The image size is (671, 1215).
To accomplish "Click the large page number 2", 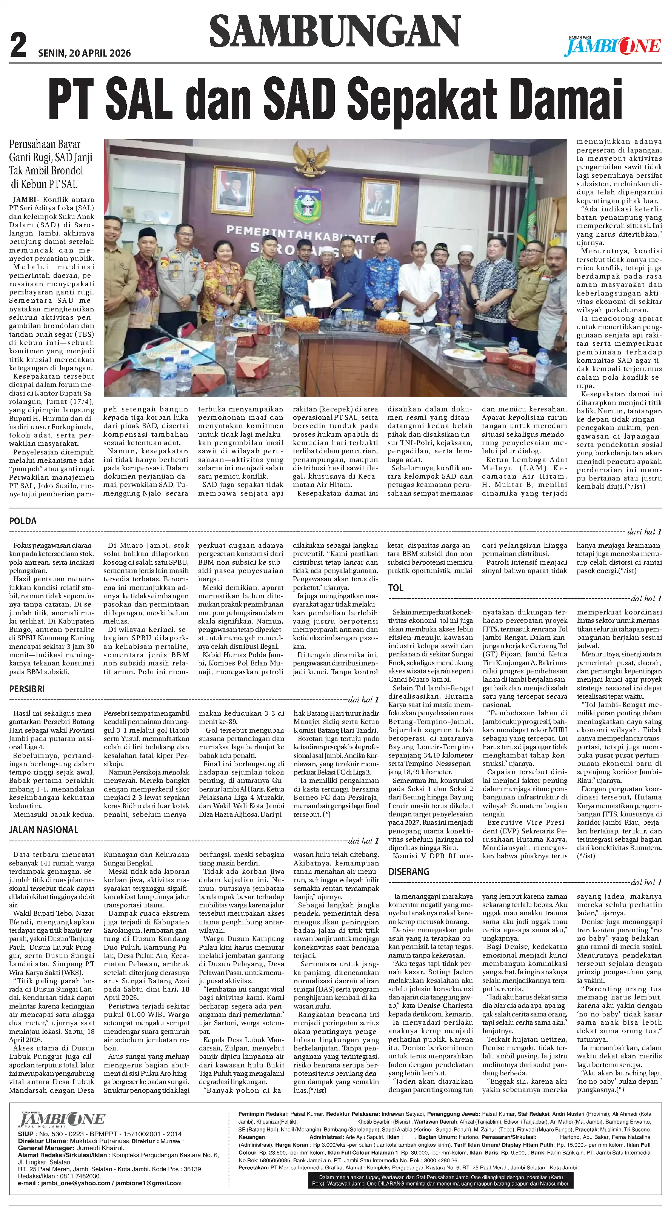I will tap(18, 46).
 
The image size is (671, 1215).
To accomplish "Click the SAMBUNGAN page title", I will tap(334, 31).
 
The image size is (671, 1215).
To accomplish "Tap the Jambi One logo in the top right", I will tap(613, 46).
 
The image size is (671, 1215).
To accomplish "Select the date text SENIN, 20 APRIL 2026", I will tap(85, 53).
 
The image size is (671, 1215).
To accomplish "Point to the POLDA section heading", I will tap(23, 521).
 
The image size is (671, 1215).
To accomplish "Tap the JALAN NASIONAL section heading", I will tap(43, 830).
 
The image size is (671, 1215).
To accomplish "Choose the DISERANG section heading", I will tap(408, 872).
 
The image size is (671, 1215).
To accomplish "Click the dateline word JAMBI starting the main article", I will tap(23, 200).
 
